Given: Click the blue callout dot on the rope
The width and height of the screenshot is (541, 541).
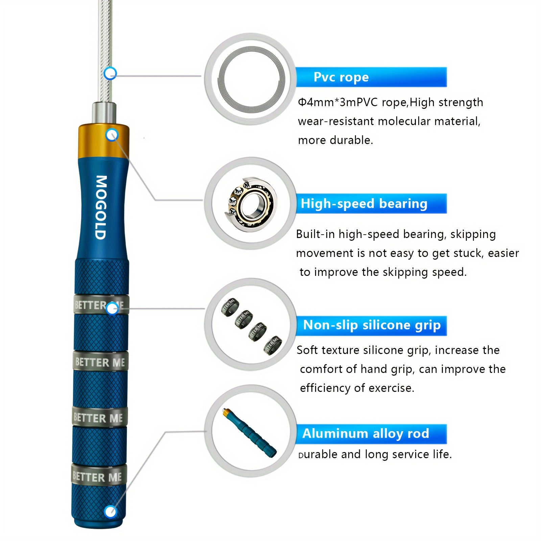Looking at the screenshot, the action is pyautogui.click(x=110, y=73).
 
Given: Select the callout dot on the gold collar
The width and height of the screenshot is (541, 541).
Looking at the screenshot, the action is pyautogui.click(x=112, y=135).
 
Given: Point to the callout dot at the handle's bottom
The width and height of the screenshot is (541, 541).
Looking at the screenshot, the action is pyautogui.click(x=110, y=512).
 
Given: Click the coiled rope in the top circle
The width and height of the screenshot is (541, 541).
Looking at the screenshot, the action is pyautogui.click(x=252, y=78).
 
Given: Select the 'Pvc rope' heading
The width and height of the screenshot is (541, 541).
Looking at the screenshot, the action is pyautogui.click(x=341, y=77).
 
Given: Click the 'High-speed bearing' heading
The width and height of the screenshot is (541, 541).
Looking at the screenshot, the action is pyautogui.click(x=364, y=204).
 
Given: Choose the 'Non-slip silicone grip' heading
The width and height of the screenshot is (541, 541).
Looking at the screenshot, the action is pyautogui.click(x=372, y=325).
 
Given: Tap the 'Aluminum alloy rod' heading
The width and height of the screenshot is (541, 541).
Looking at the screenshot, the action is pyautogui.click(x=366, y=433).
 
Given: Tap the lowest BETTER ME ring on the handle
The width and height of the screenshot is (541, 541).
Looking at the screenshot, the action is pyautogui.click(x=98, y=477).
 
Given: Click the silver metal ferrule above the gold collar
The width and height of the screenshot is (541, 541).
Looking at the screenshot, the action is pyautogui.click(x=104, y=114).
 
